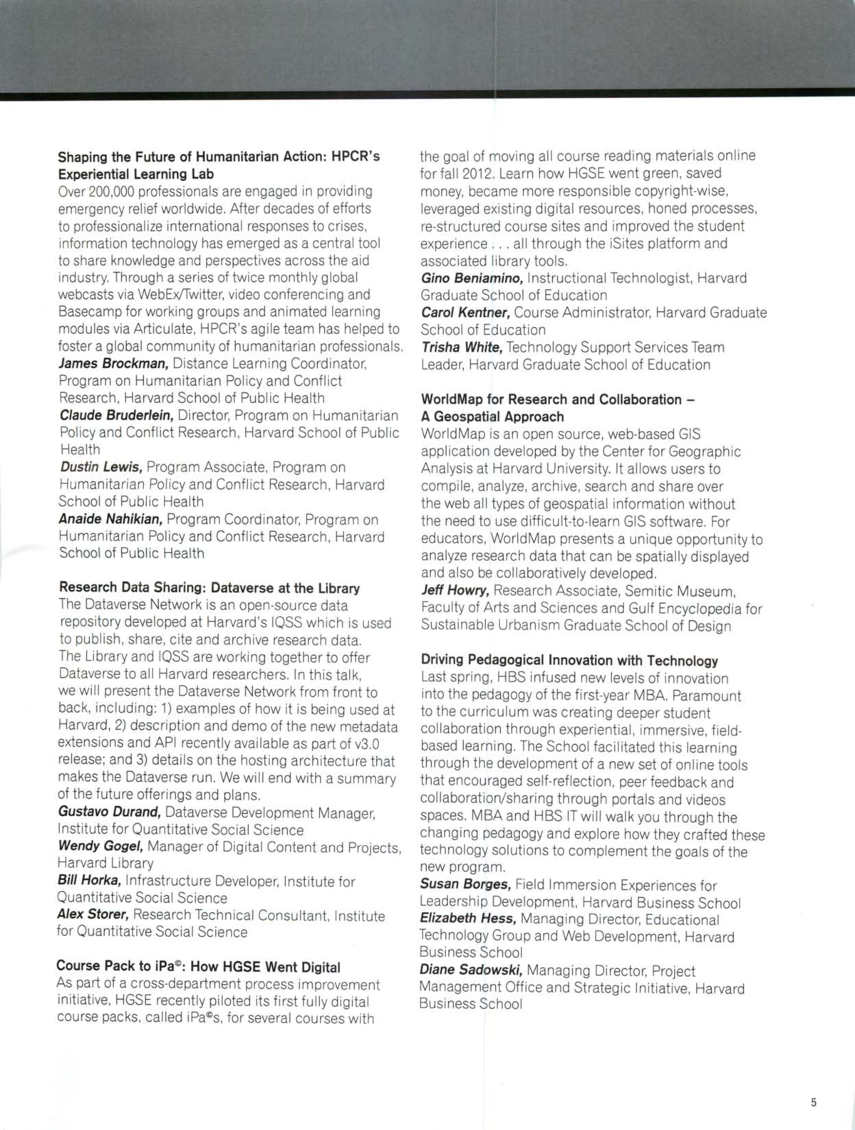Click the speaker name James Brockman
tap(113, 364)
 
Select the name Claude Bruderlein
tap(116, 415)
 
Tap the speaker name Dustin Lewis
tap(101, 467)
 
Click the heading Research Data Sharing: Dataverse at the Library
tap(209, 588)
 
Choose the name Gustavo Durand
tap(109, 812)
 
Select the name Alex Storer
tap(93, 915)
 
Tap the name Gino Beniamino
tap(472, 278)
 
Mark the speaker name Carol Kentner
tap(465, 313)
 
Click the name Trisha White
tap(462, 347)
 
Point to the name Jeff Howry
tap(455, 590)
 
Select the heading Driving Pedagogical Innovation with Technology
tap(569, 661)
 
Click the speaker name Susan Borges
tap(465, 885)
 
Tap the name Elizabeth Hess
tap(467, 919)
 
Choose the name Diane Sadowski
tap(470, 971)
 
